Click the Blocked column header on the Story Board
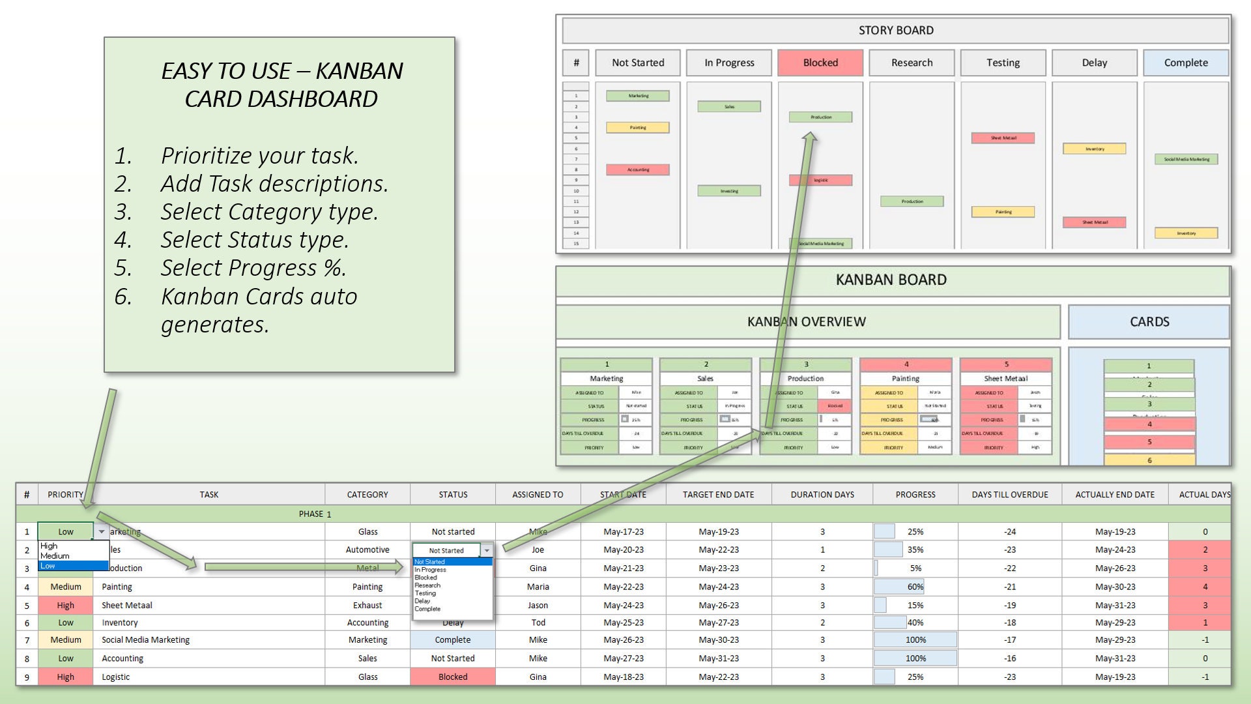click(820, 63)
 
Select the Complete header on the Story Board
click(1185, 63)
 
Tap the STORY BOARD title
click(895, 31)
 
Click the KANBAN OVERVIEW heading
click(806, 321)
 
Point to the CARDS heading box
click(1149, 321)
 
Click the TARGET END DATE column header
click(718, 495)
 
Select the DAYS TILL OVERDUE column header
click(1009, 495)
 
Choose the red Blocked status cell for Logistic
click(453, 677)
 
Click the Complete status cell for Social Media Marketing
click(453, 640)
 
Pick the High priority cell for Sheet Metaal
click(65, 606)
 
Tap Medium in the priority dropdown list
click(55, 556)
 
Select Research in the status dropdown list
click(427, 585)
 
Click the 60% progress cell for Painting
click(915, 587)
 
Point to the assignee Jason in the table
click(538, 606)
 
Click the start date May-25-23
click(623, 623)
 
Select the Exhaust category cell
click(367, 606)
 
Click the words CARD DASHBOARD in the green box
click(281, 99)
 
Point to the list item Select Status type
click(255, 240)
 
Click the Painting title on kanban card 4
click(905, 378)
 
